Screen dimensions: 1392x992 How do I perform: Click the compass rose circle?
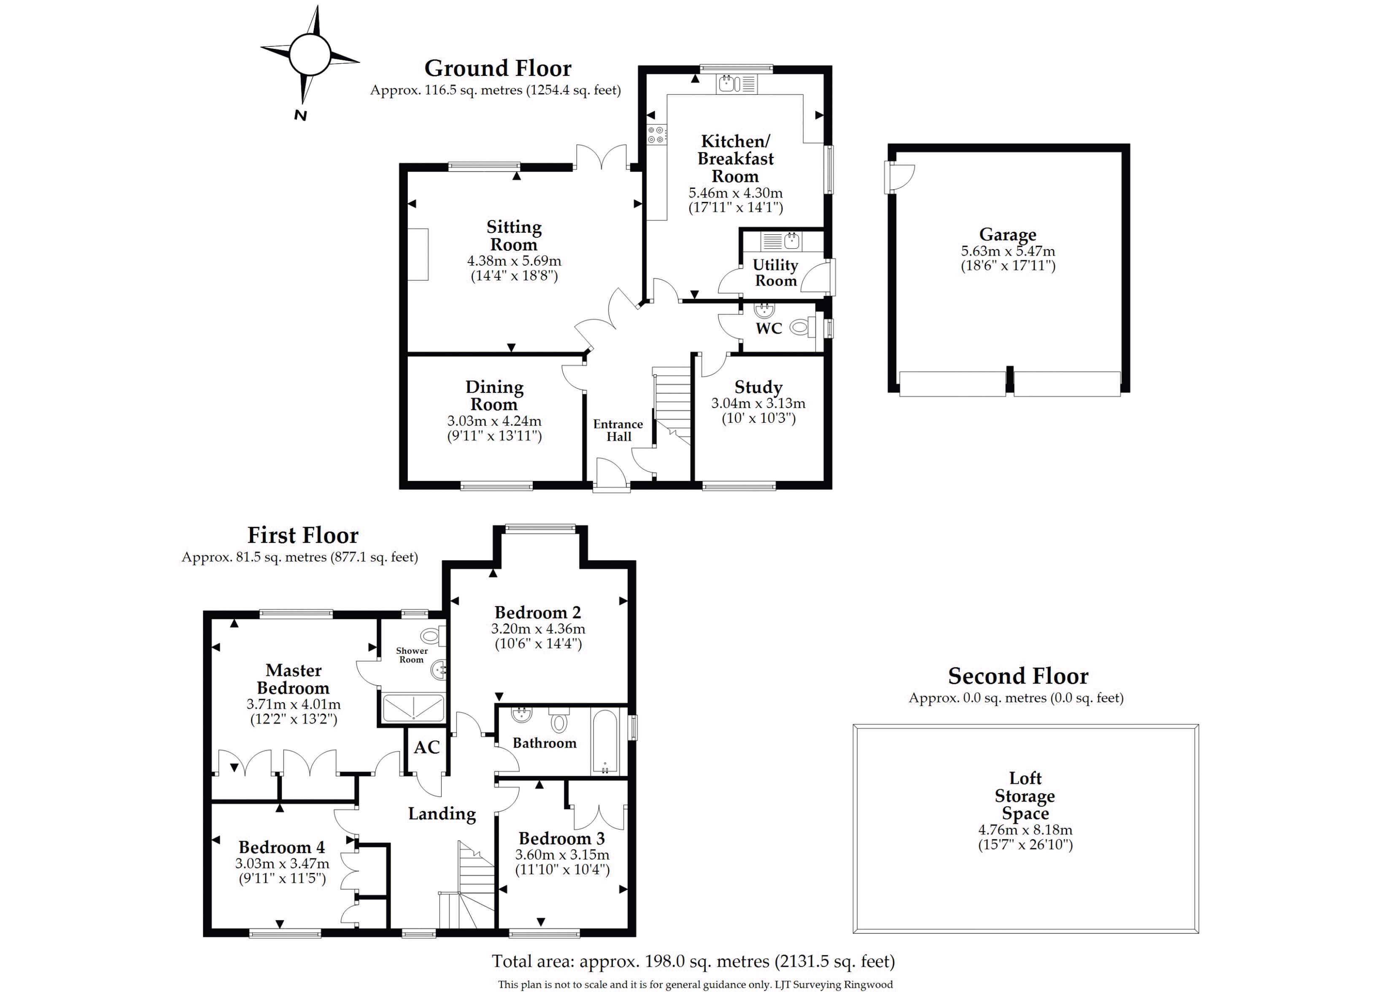(x=310, y=54)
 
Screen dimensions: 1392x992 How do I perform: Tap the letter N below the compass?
(x=300, y=115)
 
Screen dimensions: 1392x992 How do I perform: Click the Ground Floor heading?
(x=497, y=68)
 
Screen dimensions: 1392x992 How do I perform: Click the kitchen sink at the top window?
(x=736, y=83)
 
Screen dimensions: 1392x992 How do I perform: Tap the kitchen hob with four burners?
(x=657, y=135)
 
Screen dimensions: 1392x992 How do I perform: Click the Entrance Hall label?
(x=618, y=430)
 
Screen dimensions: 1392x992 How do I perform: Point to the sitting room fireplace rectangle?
(x=418, y=254)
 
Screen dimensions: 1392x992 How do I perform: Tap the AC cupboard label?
(x=426, y=747)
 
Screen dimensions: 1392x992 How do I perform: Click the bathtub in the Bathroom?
(x=605, y=742)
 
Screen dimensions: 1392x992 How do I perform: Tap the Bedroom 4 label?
(x=282, y=847)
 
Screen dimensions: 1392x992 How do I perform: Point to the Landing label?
(x=442, y=814)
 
